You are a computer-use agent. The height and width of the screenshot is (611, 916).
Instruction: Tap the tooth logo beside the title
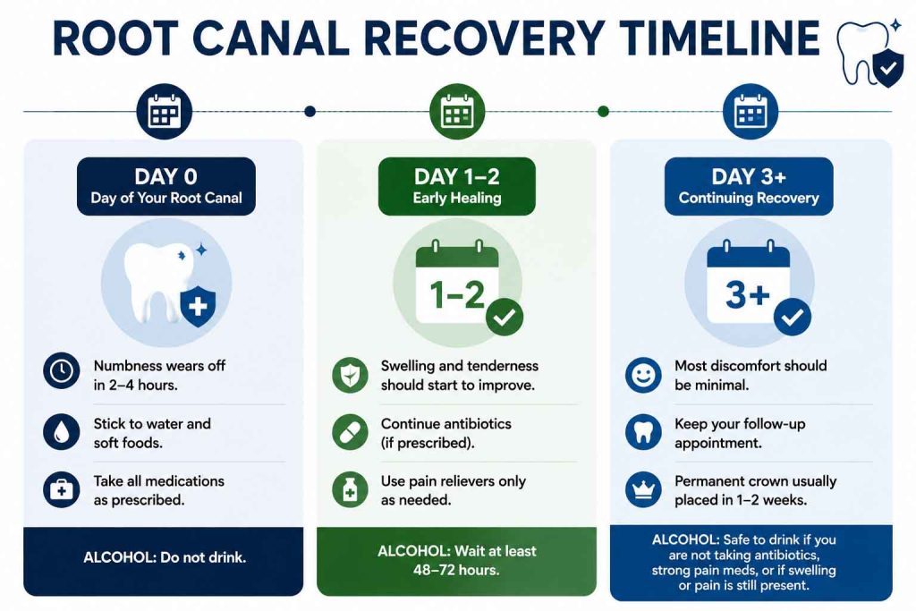[869, 53]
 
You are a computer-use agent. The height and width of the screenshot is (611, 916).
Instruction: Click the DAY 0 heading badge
[165, 186]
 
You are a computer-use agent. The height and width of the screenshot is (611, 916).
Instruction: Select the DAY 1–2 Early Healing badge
[457, 186]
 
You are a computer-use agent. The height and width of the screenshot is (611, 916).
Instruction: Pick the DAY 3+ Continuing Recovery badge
[749, 186]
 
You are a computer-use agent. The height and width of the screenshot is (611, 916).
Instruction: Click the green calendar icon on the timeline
[457, 112]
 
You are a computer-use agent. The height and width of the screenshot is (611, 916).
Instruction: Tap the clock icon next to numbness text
[62, 371]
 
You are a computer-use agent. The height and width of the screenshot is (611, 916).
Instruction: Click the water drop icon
[62, 432]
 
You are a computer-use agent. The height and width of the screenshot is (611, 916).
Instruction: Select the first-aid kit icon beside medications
[62, 489]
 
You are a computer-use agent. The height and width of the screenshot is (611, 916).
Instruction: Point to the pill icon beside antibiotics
[350, 432]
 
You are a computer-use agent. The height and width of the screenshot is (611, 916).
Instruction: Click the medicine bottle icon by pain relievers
[350, 489]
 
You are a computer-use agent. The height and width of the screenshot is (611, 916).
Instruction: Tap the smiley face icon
[643, 375]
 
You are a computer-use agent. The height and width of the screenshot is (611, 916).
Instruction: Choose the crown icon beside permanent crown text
[643, 489]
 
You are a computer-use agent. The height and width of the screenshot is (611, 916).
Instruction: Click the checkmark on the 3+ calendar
[793, 318]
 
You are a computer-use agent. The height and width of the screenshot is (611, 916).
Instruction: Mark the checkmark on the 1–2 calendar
[505, 318]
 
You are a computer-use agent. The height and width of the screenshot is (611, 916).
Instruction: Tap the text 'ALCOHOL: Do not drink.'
[165, 557]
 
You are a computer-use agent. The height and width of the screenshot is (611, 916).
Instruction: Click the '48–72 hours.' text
[456, 570]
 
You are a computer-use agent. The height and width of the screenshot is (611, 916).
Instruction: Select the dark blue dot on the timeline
[310, 111]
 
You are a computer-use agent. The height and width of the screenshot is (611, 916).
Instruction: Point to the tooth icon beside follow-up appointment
[643, 432]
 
